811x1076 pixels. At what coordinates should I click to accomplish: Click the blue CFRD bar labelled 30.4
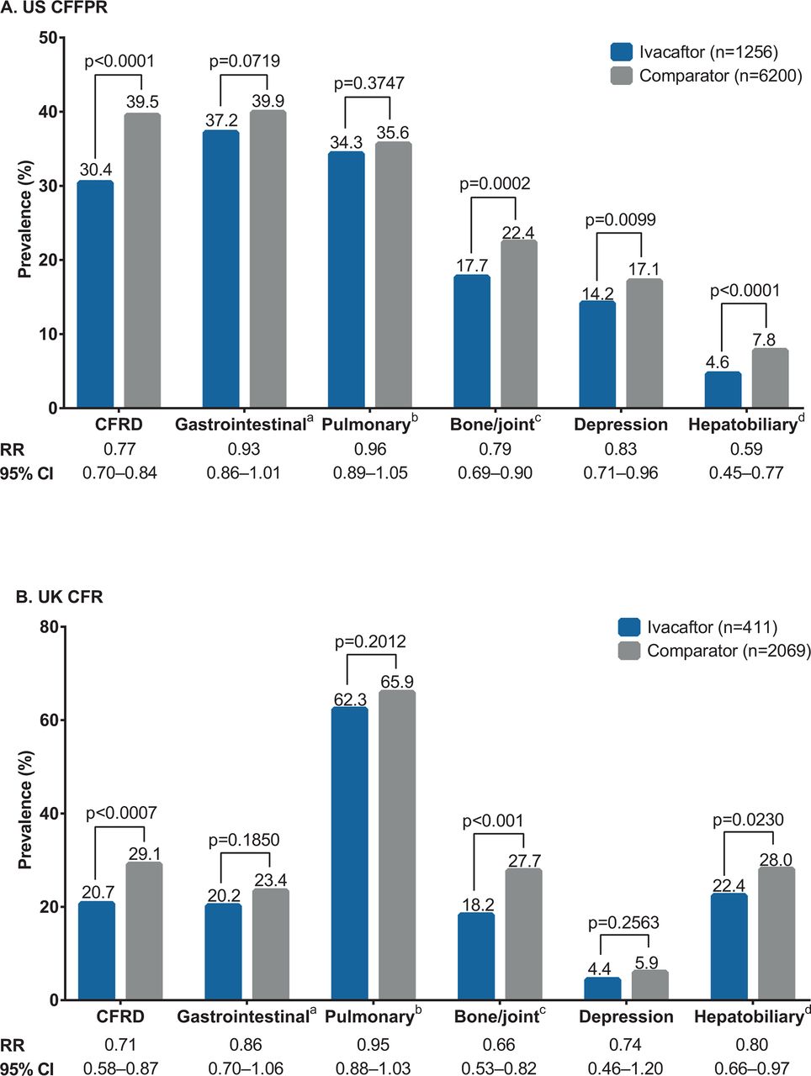95,293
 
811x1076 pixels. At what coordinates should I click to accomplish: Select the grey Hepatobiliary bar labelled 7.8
770,377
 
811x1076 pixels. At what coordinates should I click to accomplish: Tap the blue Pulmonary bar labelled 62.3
349,853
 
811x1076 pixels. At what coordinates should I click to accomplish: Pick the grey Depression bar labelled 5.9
649,985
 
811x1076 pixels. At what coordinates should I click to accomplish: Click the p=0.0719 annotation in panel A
244,61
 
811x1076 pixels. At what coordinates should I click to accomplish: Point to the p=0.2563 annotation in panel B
623,922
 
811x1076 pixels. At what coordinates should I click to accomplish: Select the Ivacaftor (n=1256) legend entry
694,51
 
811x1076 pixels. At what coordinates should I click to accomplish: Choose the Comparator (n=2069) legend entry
714,651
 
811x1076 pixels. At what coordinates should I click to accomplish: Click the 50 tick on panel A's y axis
48,38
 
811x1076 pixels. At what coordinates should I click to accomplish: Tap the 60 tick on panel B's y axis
48,720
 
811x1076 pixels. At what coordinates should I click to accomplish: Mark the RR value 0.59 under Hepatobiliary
746,449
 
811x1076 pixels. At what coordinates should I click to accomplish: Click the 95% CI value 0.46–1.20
625,1068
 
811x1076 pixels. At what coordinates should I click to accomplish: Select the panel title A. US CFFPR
54,8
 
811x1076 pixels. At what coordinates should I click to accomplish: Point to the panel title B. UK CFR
60,597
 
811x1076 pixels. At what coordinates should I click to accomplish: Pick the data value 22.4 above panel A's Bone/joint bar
518,232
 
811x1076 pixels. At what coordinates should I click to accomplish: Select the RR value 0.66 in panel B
499,1045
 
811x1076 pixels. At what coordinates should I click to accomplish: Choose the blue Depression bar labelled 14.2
597,355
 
